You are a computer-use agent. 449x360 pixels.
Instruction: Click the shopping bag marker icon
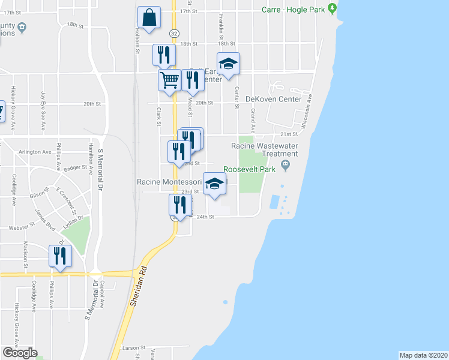click(x=149, y=18)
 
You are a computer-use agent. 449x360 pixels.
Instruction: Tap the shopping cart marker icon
click(x=170, y=79)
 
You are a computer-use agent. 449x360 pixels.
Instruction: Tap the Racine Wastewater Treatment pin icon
click(x=286, y=164)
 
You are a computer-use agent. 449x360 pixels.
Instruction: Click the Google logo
click(x=19, y=353)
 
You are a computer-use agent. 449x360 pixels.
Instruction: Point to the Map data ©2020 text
click(x=424, y=355)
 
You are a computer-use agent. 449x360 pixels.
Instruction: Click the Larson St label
click(x=134, y=347)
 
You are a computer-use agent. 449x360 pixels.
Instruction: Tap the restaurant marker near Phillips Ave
click(x=60, y=256)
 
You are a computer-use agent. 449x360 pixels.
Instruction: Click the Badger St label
click(x=76, y=169)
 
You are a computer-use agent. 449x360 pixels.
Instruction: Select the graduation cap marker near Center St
click(x=228, y=64)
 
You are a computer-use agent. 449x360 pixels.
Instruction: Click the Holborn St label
click(x=137, y=41)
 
